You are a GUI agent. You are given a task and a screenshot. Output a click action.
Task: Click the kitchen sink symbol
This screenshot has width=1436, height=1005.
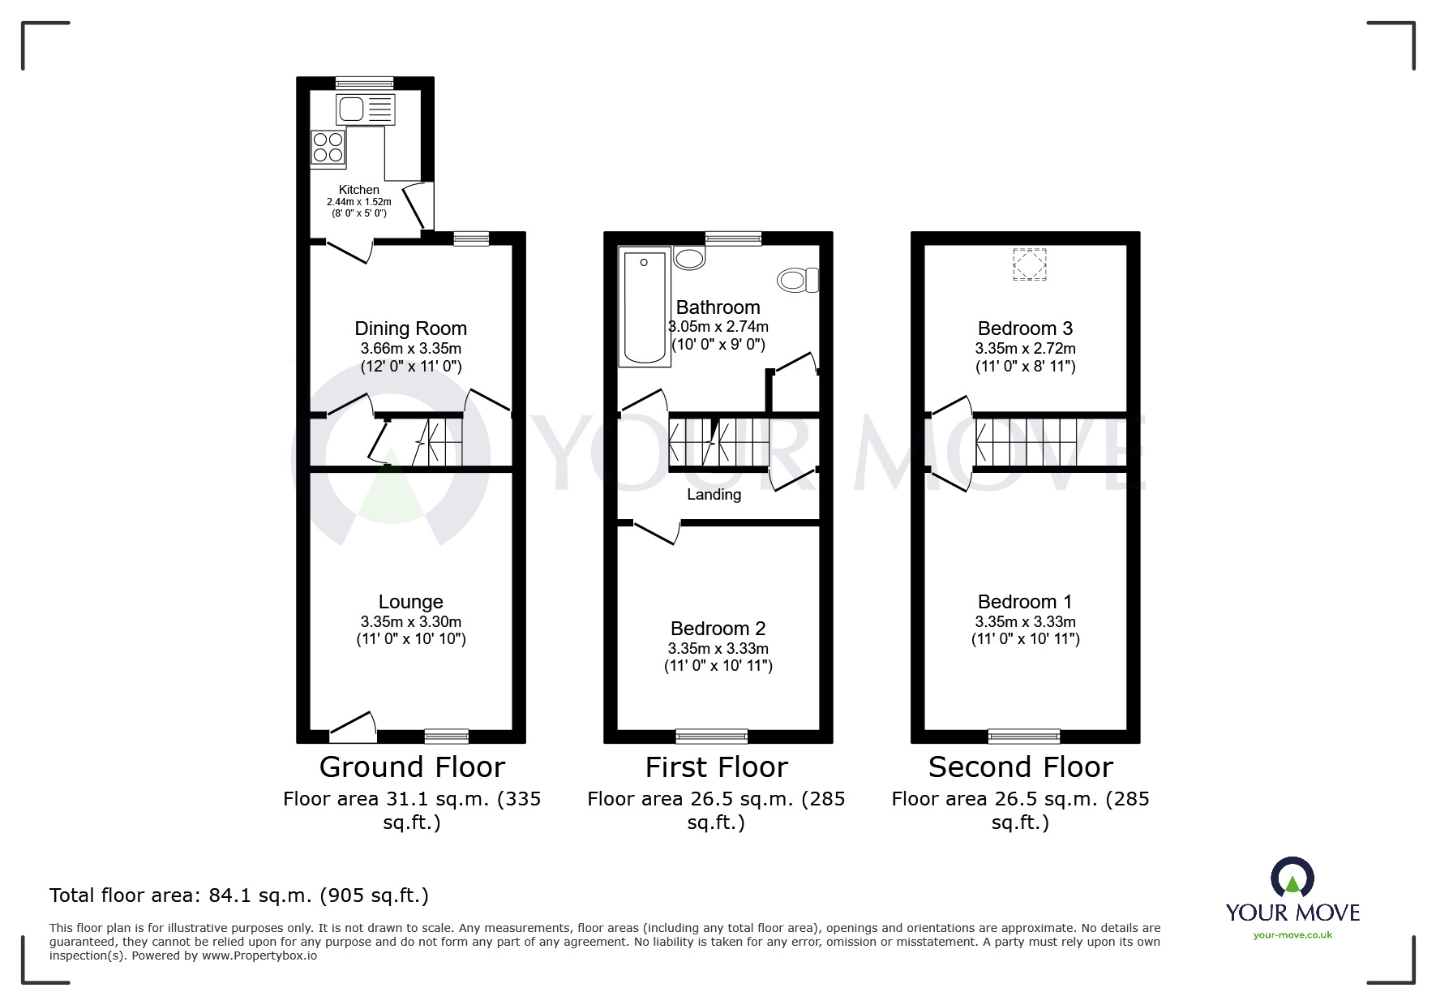365,109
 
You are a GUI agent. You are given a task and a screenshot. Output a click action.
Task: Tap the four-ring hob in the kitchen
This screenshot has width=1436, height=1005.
328,148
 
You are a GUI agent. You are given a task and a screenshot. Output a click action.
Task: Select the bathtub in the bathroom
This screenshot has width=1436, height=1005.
645,307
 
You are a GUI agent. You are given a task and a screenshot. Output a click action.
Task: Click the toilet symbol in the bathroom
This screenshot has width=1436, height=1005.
798,281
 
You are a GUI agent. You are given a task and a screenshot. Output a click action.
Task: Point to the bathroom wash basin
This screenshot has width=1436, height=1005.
690,258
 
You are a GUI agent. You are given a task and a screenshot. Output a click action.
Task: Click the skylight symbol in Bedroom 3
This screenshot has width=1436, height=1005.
1029,264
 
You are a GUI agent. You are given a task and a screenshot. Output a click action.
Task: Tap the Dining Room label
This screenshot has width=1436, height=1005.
410,329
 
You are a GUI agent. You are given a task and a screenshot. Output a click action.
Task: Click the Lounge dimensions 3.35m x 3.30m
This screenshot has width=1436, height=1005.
410,621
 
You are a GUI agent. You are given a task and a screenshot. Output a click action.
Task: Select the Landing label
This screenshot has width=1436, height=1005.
714,494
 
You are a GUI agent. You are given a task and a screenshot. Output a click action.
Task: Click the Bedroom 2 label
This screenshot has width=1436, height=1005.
718,629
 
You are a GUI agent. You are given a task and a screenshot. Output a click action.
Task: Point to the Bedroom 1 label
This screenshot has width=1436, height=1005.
1024,602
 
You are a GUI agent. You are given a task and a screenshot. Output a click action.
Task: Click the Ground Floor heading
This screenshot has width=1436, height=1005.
412,767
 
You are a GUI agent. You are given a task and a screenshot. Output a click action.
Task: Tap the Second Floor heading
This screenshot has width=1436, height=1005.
1020,767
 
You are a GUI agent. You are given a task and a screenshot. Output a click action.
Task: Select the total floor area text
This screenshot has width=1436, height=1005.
239,895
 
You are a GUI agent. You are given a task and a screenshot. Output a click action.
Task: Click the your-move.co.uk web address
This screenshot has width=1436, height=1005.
1292,935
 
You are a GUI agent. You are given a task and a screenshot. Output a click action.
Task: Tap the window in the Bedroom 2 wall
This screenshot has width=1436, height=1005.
712,737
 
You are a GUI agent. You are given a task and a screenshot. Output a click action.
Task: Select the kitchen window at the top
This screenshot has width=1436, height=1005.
364,83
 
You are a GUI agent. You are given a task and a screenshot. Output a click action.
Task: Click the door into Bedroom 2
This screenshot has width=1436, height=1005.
655,531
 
